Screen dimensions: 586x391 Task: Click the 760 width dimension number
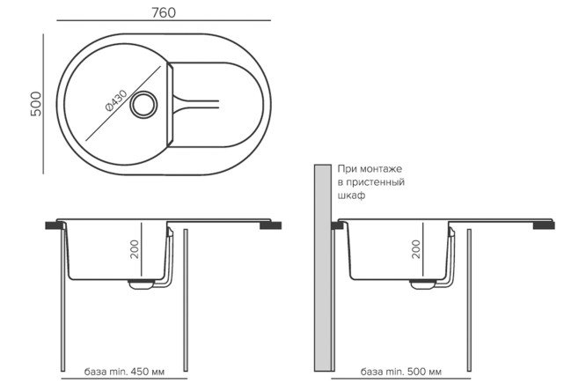point(164,12)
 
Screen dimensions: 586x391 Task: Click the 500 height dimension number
point(36,104)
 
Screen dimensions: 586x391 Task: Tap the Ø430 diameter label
point(116,100)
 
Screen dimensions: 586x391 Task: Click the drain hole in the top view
point(143,105)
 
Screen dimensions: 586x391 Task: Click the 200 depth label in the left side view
point(135,249)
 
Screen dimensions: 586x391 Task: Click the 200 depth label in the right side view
point(416,249)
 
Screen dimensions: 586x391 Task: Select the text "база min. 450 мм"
point(124,372)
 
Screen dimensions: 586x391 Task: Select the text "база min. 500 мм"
point(401,372)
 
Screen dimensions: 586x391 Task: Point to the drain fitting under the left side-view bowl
point(141,284)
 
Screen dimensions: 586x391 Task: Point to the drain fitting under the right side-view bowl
point(422,284)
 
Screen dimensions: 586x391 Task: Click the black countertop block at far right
point(544,225)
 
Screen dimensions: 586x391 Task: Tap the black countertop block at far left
point(55,225)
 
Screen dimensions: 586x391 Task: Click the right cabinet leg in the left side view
point(186,300)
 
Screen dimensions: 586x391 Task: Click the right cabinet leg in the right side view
point(469,300)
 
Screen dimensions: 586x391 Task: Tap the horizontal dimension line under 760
point(164,20)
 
